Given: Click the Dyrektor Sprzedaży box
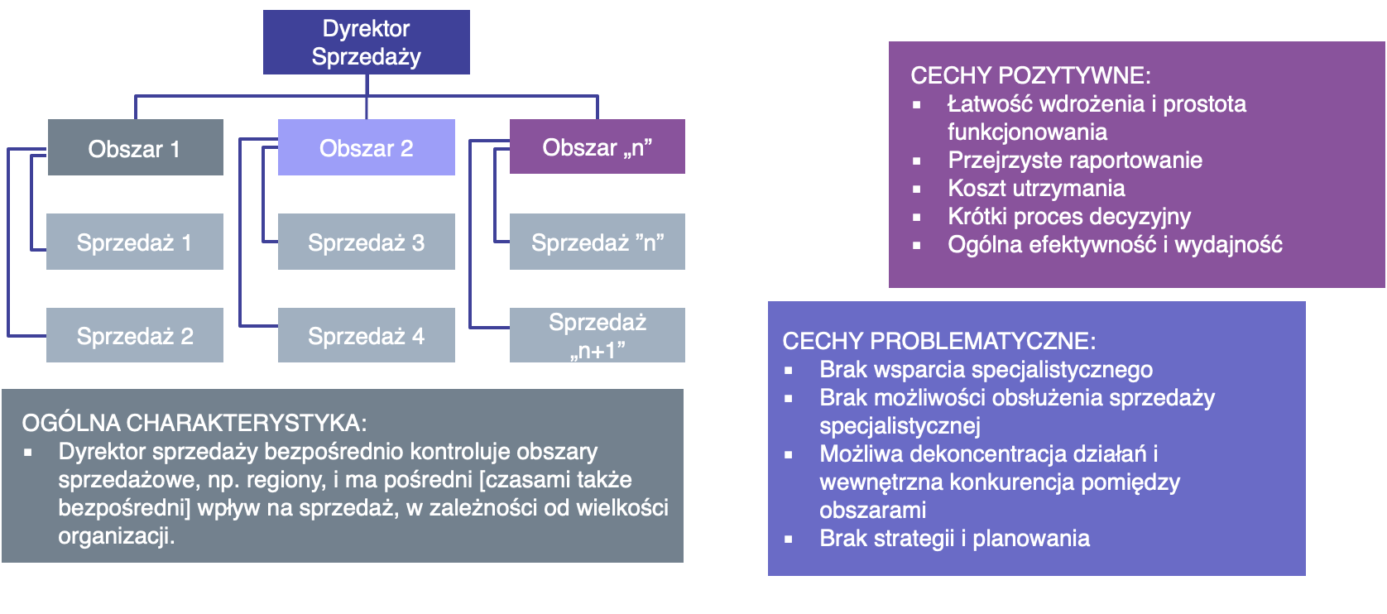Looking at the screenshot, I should tap(366, 42).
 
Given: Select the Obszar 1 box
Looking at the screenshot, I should tap(135, 148).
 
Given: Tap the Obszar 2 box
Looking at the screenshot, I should tap(366, 148).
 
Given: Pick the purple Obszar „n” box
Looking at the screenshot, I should tap(597, 147).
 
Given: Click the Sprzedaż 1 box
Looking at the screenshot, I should tap(135, 242).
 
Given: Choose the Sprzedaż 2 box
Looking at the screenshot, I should tap(135, 336).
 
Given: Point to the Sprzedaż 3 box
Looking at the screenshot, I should tap(366, 242).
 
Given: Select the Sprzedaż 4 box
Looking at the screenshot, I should tap(366, 336).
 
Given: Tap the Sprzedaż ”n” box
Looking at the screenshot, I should tap(597, 242).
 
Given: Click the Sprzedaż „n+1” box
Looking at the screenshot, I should tap(597, 336).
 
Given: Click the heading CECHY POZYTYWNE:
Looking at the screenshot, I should tap(1030, 75).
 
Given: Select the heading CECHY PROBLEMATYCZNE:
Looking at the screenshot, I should tap(938, 341).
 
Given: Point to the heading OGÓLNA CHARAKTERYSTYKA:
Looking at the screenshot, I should tap(194, 423).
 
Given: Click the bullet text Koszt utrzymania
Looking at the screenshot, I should tap(1036, 189).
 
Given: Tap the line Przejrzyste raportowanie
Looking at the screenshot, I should tap(1074, 161).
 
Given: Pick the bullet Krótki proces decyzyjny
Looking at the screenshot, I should tap(1068, 217).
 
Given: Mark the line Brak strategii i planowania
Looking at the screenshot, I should tap(954, 539).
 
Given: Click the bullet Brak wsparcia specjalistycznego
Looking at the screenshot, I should tap(986, 370).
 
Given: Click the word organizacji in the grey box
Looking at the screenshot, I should tap(115, 536).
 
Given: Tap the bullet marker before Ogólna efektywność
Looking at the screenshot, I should tap(917, 246).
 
